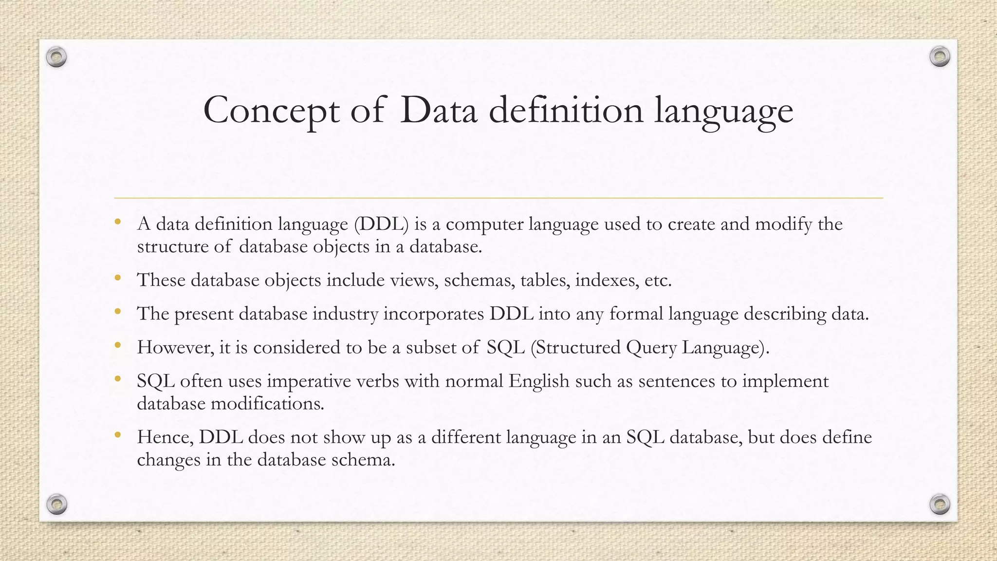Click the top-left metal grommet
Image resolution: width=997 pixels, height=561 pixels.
(56, 57)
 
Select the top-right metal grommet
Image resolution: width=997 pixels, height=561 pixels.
(940, 57)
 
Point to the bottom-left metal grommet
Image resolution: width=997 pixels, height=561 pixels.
(56, 504)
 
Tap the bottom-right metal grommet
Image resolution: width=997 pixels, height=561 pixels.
(940, 504)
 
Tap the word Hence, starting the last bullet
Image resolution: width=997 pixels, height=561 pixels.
(166, 437)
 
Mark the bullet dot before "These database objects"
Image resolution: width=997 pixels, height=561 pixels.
(117, 279)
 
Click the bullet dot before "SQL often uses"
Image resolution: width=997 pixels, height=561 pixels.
(117, 379)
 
